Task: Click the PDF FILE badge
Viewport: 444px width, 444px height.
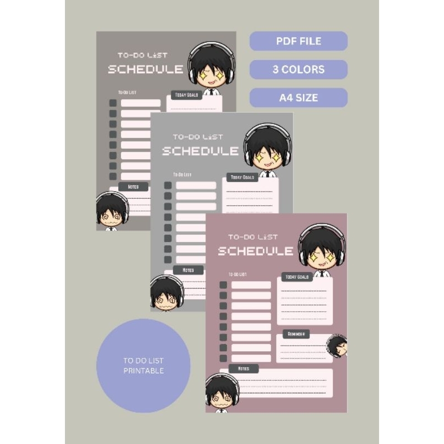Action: (x=299, y=41)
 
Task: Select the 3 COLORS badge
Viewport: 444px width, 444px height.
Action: (x=299, y=70)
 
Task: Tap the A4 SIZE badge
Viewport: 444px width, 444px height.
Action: (x=299, y=98)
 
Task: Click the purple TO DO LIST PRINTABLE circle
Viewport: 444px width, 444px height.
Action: (x=143, y=366)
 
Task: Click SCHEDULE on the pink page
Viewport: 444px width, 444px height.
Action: (x=255, y=251)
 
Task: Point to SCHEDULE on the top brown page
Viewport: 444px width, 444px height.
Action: (x=145, y=70)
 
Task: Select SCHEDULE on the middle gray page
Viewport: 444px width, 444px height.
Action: (x=200, y=151)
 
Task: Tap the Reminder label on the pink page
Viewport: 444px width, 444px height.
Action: (x=296, y=334)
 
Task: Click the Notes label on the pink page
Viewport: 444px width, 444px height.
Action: (x=243, y=369)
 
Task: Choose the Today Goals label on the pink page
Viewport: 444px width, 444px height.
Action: (x=296, y=277)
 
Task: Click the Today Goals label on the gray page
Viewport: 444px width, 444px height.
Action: (x=242, y=178)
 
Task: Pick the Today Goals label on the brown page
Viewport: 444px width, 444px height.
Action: (x=186, y=95)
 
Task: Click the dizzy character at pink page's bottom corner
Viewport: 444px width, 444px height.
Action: (x=222, y=393)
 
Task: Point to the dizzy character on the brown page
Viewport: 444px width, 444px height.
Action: (x=112, y=211)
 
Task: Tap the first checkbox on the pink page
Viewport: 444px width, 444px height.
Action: (x=223, y=285)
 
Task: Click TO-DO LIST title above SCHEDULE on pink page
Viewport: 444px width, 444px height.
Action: (x=253, y=237)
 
